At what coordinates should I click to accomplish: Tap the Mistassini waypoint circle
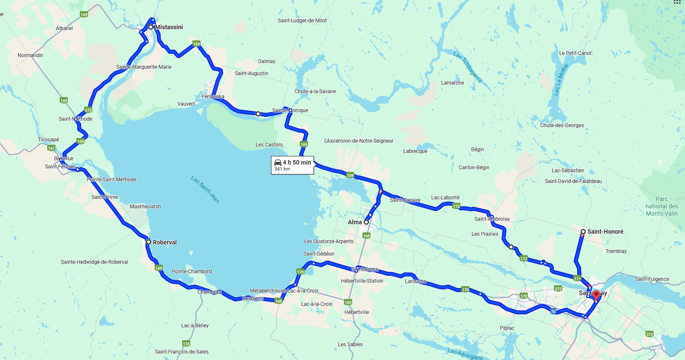(x=151, y=27)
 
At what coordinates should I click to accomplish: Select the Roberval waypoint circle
(x=149, y=242)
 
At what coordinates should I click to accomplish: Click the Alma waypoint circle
(x=366, y=222)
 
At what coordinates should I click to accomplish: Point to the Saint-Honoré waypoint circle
(x=583, y=232)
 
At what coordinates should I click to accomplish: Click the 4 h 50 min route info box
(x=292, y=165)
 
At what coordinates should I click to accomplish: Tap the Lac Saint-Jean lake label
(x=205, y=189)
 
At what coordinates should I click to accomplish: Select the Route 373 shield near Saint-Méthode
(x=88, y=110)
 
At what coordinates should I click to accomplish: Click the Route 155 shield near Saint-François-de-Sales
(x=186, y=343)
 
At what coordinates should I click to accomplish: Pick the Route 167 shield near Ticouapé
(x=52, y=148)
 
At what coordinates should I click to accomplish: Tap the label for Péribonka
(x=213, y=97)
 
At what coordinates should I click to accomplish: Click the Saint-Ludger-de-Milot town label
(x=302, y=21)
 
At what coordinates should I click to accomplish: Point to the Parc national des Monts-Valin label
(x=661, y=206)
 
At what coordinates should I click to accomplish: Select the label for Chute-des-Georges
(x=562, y=125)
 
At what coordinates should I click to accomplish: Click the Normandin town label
(x=30, y=55)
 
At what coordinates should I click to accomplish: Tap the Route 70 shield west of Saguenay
(x=553, y=312)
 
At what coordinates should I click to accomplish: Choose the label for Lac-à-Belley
(x=195, y=326)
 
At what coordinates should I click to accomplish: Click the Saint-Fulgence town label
(x=652, y=279)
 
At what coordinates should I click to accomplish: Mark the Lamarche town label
(x=452, y=83)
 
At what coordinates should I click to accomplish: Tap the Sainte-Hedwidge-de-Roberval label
(x=94, y=262)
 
